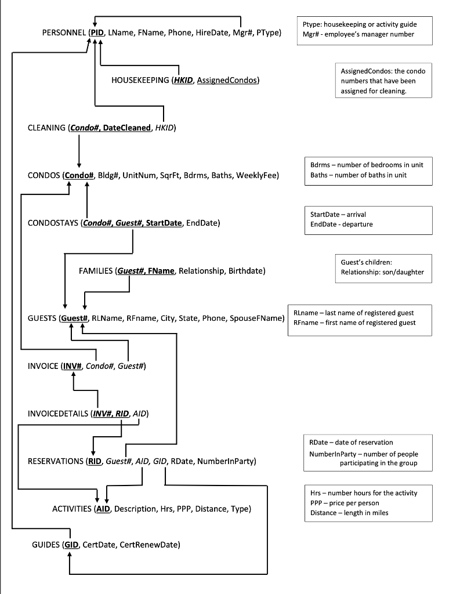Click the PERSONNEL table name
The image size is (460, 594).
(63, 34)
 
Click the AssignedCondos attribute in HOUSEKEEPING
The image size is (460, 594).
(227, 80)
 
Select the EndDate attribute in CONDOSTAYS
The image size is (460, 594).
(202, 223)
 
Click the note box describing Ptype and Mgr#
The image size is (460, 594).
(363, 30)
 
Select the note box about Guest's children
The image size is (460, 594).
(383, 267)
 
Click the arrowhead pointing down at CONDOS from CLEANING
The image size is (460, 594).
(79, 164)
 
